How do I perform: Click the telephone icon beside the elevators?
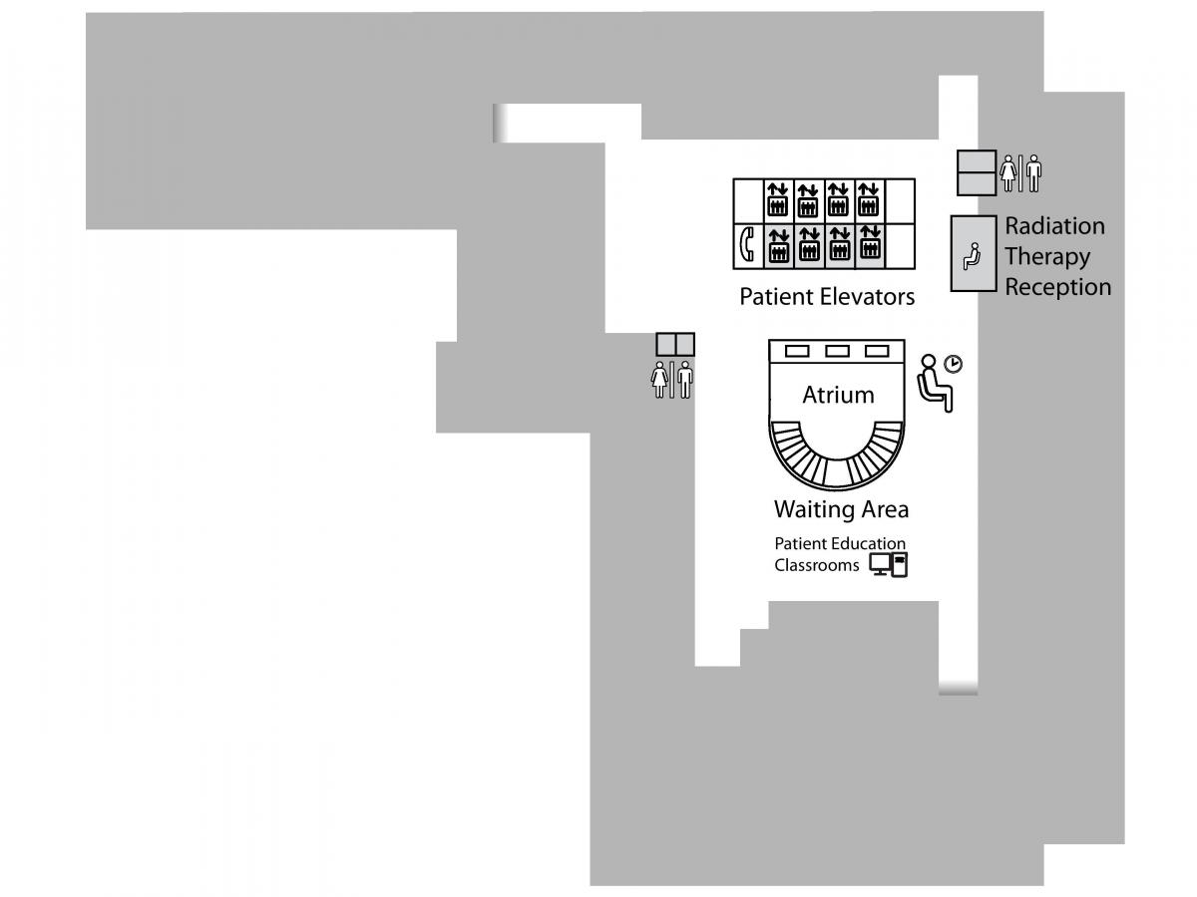(747, 244)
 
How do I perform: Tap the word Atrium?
(838, 395)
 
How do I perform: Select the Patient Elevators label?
(827, 297)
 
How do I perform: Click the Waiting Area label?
(841, 509)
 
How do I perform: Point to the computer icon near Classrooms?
(889, 564)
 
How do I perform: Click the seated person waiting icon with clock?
(939, 383)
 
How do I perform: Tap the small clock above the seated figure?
(954, 363)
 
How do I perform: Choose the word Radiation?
(1054, 226)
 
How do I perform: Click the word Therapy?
(1047, 256)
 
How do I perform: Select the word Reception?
(1058, 287)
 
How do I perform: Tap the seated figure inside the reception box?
(972, 256)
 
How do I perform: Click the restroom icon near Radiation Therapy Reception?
(1020, 173)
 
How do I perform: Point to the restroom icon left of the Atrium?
(672, 380)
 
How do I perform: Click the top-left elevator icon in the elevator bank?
(778, 199)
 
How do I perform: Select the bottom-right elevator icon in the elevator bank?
(870, 243)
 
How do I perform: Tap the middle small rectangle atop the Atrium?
(837, 351)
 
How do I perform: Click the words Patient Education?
(840, 543)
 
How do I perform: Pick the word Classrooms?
(816, 565)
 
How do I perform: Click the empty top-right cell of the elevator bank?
(900, 201)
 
